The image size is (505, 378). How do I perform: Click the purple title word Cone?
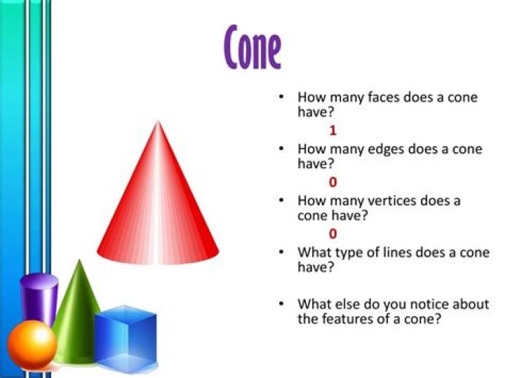252,47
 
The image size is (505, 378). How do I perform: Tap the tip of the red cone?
158,121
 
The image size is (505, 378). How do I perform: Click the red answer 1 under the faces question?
332,130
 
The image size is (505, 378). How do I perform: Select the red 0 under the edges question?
332,182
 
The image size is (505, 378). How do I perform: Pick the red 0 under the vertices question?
332,234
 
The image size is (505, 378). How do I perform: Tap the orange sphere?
32,344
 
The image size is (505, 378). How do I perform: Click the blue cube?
126,338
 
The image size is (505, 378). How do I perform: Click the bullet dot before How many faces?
282,97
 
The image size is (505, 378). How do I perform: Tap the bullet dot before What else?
282,304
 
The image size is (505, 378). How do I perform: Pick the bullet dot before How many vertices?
282,201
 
